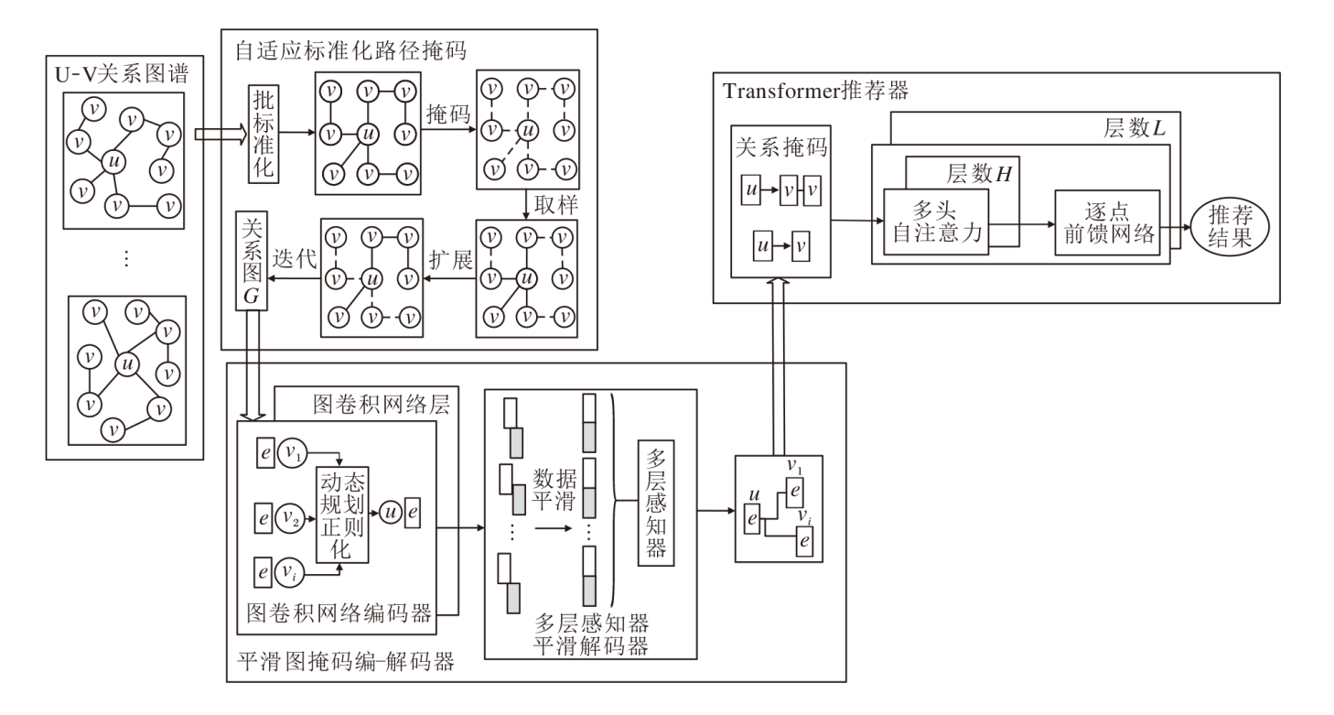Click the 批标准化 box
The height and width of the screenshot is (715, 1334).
pos(263,135)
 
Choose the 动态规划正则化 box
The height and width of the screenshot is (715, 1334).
pos(342,515)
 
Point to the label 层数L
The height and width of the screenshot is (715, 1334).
pos(1134,129)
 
